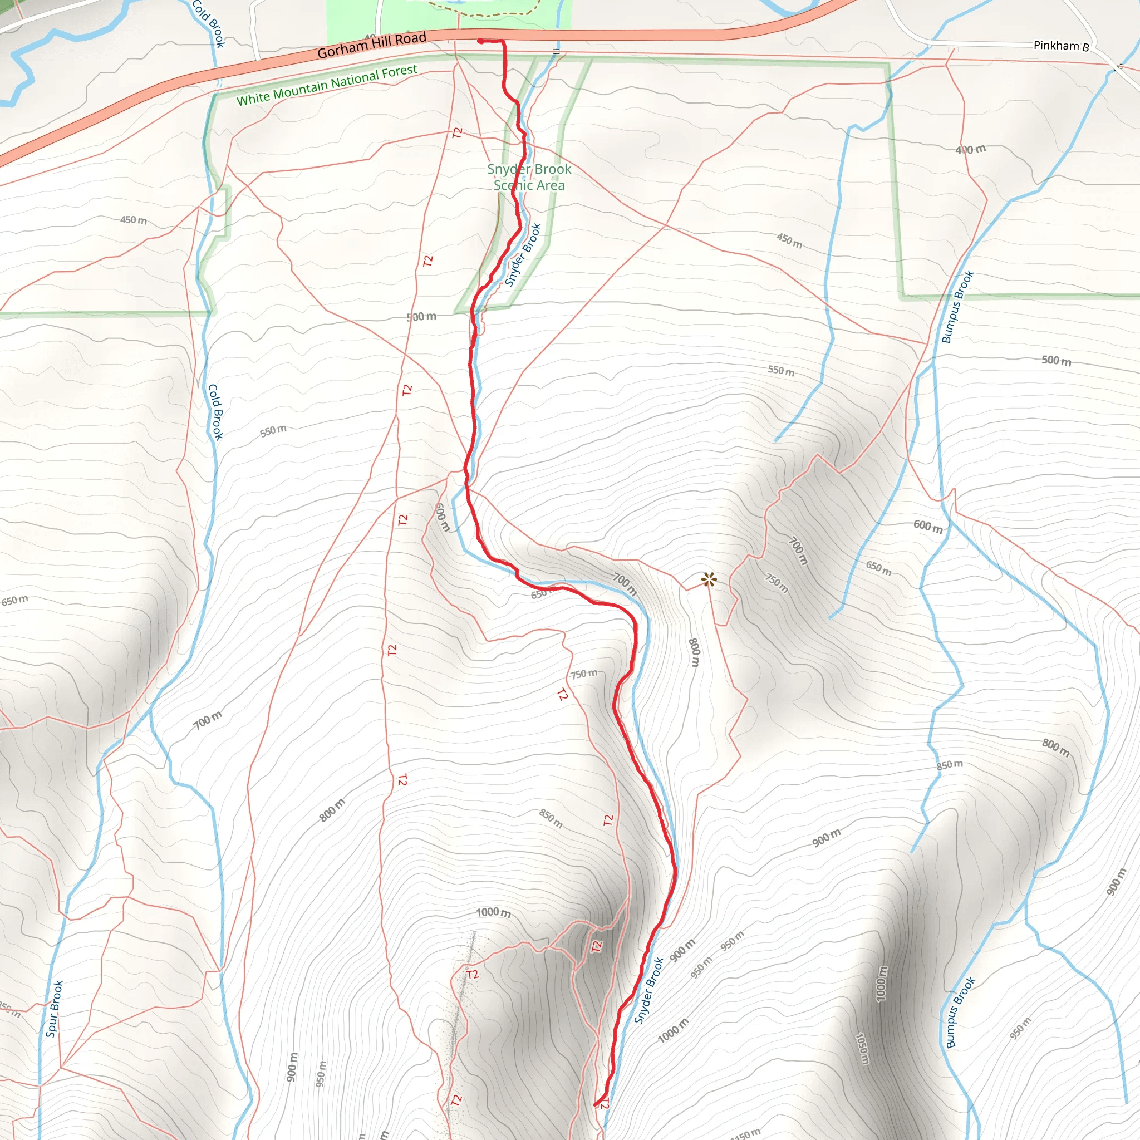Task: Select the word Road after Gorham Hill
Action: click(x=411, y=38)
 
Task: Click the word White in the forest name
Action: click(x=253, y=98)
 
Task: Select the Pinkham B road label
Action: click(x=1061, y=46)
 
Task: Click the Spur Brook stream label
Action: click(x=55, y=1009)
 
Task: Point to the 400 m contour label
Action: click(x=971, y=149)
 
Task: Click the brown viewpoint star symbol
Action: click(x=709, y=579)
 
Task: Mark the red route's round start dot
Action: click(x=481, y=41)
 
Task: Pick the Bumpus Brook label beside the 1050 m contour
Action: click(x=961, y=1013)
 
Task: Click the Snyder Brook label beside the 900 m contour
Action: click(x=648, y=991)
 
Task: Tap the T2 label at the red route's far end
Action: click(x=604, y=1104)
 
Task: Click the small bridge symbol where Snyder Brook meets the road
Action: click(x=557, y=51)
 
